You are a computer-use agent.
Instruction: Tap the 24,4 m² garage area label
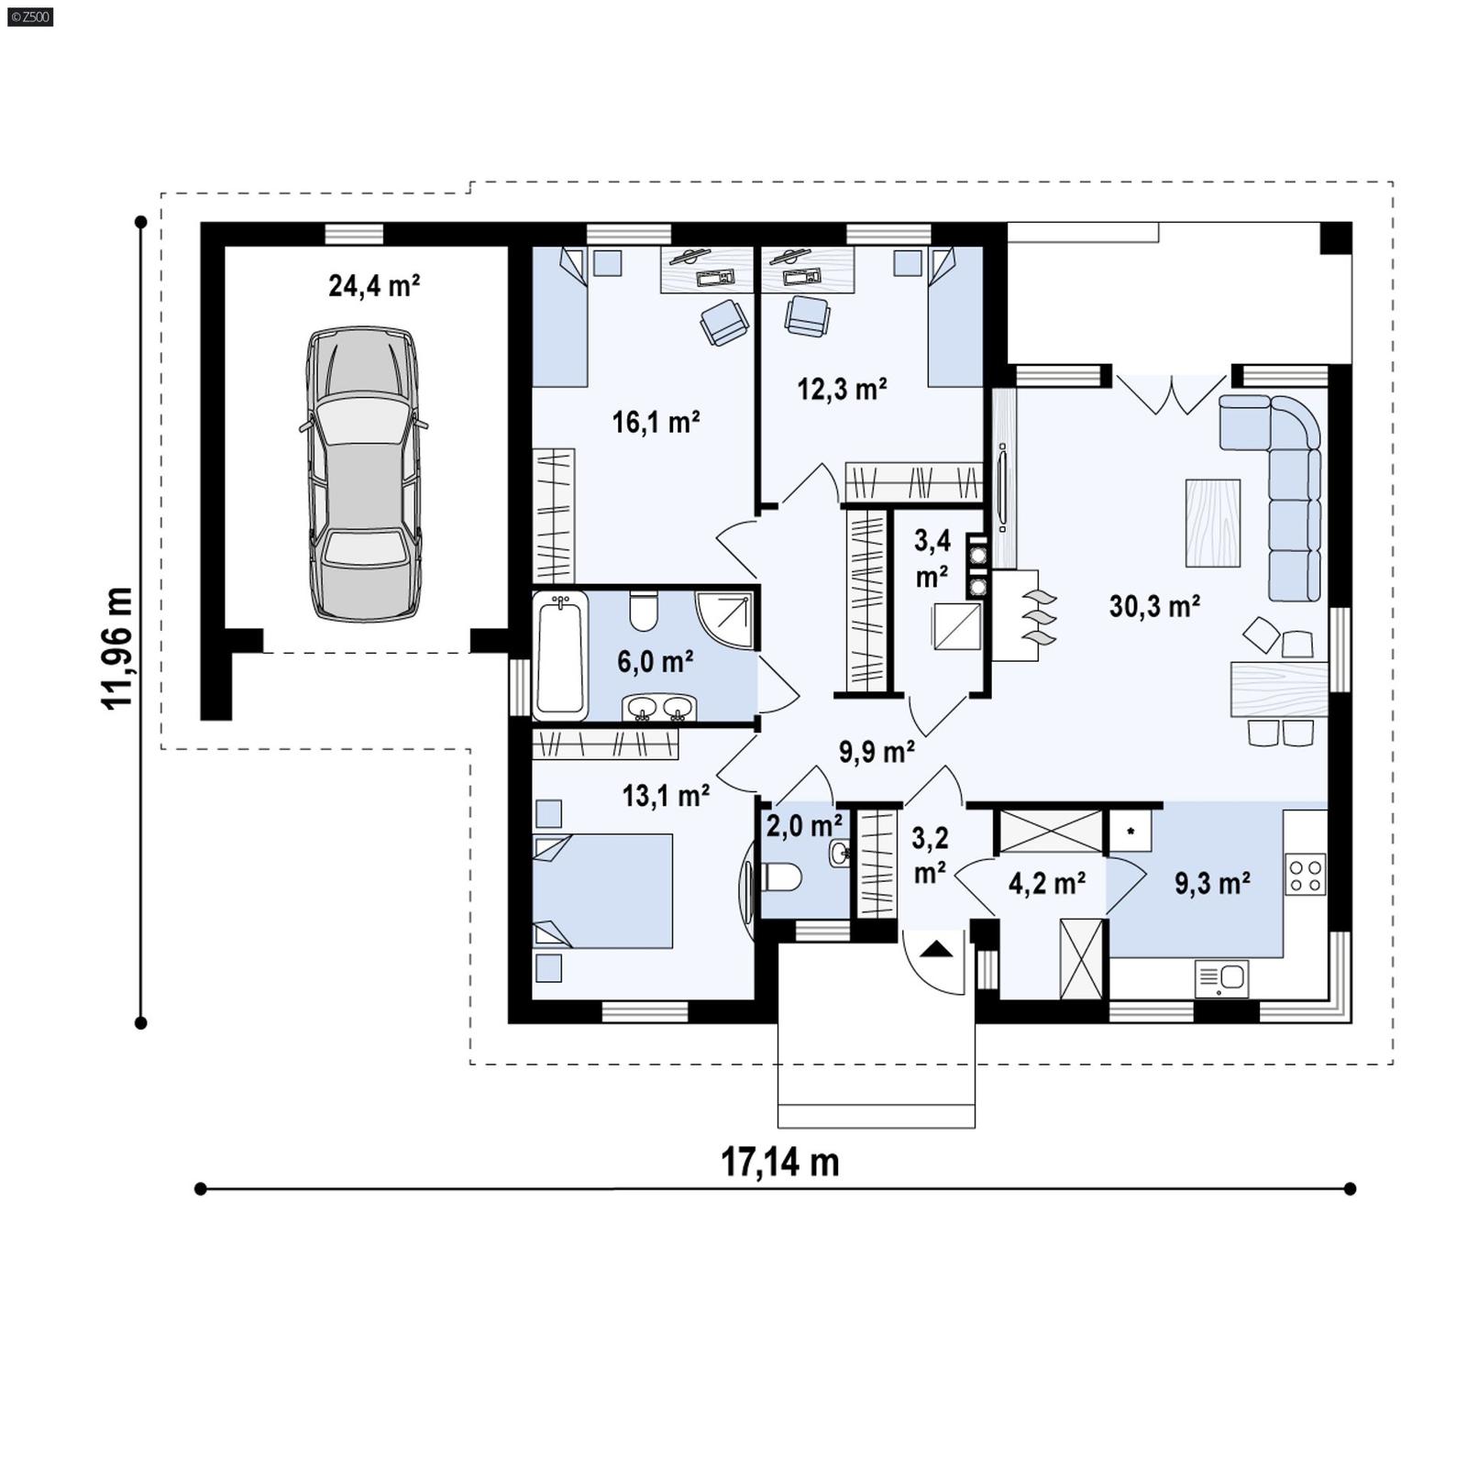pos(374,286)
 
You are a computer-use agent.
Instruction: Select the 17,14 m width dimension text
pos(779,1162)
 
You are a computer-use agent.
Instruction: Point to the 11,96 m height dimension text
pos(117,647)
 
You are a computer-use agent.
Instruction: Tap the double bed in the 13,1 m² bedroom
pos(603,890)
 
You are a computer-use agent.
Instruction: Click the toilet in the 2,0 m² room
pos(782,878)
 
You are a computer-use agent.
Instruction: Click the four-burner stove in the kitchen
pos(1305,874)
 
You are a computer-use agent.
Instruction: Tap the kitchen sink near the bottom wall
pos(1221,977)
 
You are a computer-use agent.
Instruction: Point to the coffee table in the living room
pos(1212,523)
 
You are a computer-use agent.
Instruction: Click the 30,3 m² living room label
pos(1154,606)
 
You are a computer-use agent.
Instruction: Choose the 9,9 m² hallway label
pos(877,752)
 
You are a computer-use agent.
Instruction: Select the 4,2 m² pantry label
pos(1047,884)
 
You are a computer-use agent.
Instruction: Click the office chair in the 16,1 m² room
pos(724,322)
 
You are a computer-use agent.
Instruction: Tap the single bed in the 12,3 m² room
pos(954,317)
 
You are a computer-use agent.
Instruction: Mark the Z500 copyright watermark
pos(29,16)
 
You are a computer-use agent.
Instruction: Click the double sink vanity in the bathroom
pos(659,708)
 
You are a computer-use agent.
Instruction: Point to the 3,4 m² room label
pos(932,557)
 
